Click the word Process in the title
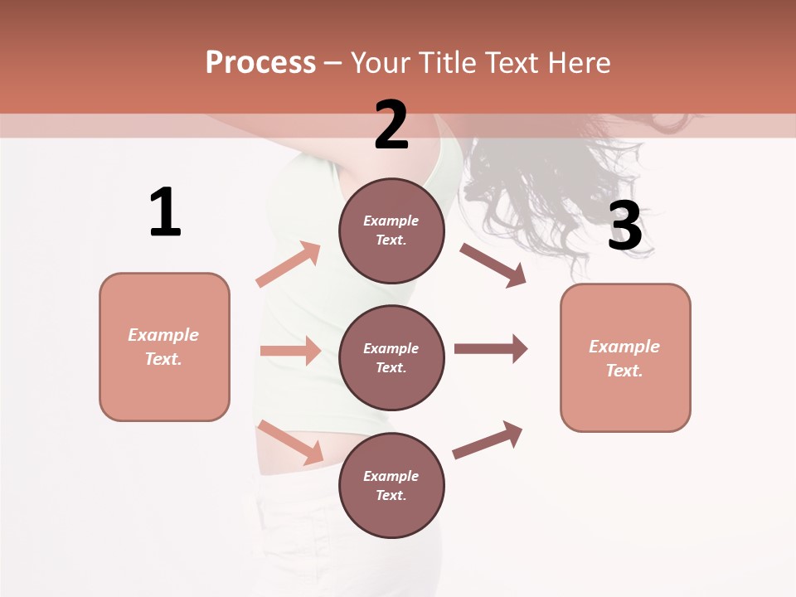click(x=260, y=63)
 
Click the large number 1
click(x=165, y=213)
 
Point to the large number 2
click(x=391, y=124)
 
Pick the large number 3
click(x=624, y=226)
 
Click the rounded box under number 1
click(x=164, y=347)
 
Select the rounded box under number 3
click(x=625, y=358)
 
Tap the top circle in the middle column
click(x=391, y=231)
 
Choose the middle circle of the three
click(x=391, y=357)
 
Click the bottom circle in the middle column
click(x=391, y=485)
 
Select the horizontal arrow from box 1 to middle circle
click(x=290, y=351)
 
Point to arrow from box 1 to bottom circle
click(x=290, y=442)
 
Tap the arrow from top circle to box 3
click(x=493, y=265)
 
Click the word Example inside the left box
click(x=163, y=335)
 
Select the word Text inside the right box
click(x=624, y=371)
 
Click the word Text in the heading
click(x=510, y=63)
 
